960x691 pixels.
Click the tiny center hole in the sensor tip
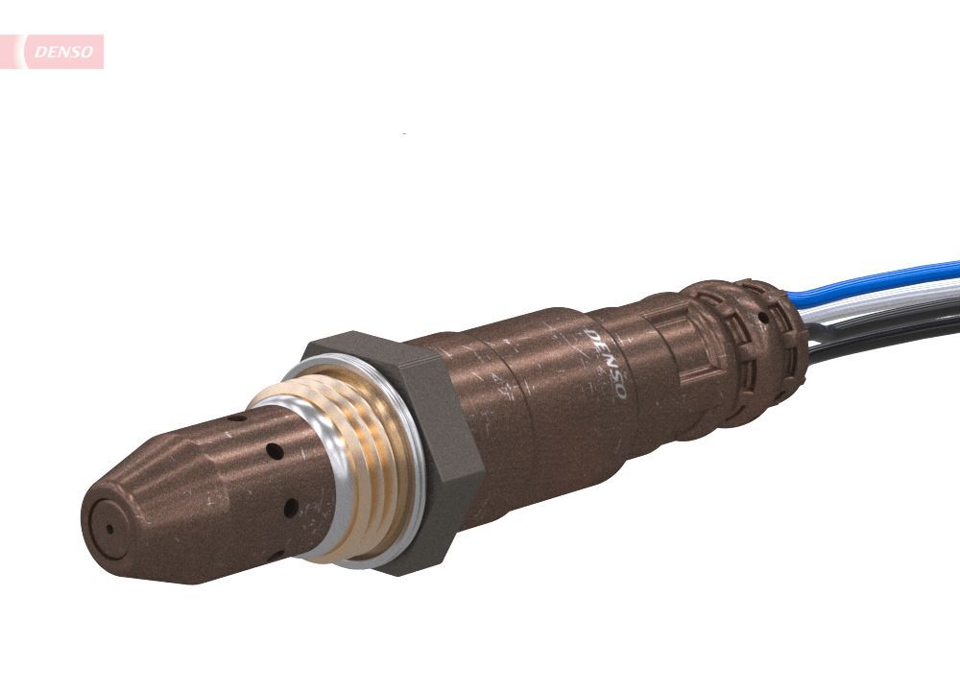[x=108, y=527]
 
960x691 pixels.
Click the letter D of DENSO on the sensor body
[x=590, y=337]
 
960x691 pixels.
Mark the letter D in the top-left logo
[x=38, y=53]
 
